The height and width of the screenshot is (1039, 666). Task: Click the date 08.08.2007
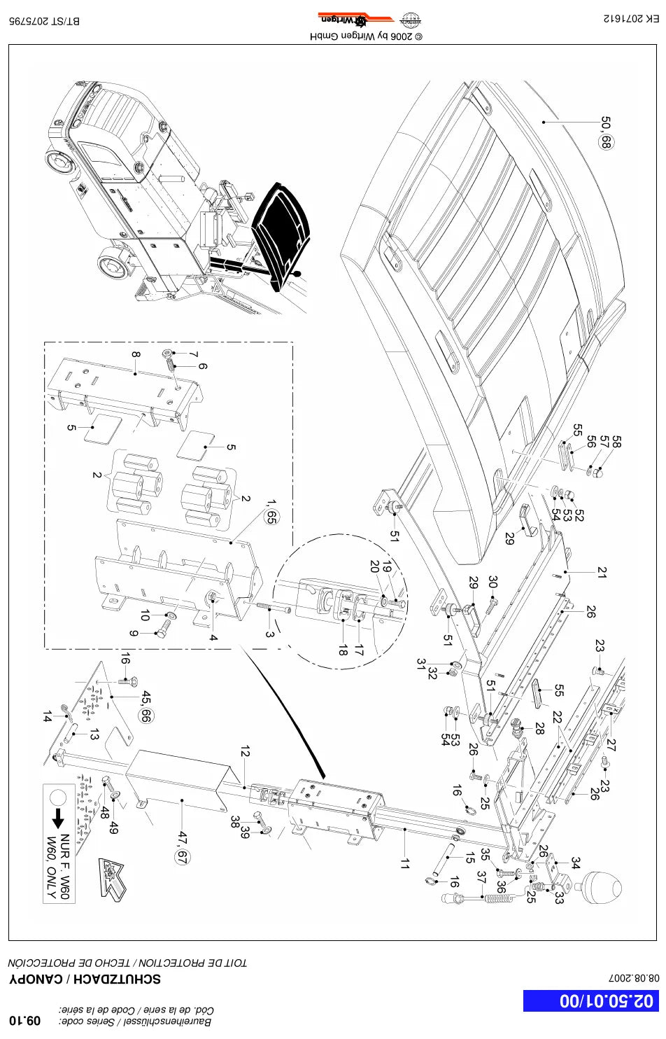[634, 978]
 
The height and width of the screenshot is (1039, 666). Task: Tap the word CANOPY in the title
[36, 979]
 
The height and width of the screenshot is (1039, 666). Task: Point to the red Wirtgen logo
[355, 20]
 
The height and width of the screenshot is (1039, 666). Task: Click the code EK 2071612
[631, 18]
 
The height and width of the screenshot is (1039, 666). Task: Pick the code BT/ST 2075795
[44, 21]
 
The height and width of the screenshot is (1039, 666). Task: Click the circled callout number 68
[606, 141]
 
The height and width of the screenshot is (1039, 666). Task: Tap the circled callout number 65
[271, 517]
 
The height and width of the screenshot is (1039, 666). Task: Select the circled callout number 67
[182, 858]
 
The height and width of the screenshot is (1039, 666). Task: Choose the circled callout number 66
[146, 716]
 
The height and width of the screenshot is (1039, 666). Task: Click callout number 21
[602, 573]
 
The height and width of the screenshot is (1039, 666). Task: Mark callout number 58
[616, 441]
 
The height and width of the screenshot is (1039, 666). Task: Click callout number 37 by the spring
[482, 877]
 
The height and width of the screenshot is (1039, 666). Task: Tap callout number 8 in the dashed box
[135, 354]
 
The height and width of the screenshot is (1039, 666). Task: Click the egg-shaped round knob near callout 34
[602, 887]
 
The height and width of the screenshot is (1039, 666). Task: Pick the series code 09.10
[25, 1021]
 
